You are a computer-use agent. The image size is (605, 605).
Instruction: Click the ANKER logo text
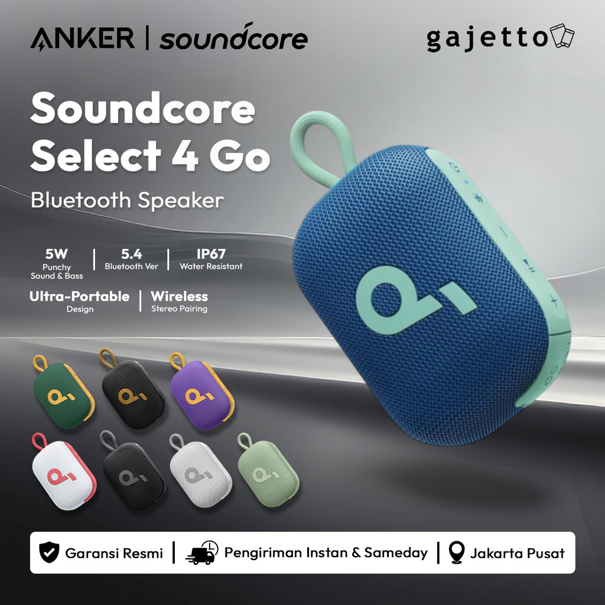coord(82,38)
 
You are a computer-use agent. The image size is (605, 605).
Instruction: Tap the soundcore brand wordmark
coord(233,38)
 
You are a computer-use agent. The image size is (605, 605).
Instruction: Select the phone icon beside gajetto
coord(561,37)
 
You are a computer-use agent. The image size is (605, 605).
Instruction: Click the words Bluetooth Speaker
coord(127,200)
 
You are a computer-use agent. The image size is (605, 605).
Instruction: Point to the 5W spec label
coord(57,254)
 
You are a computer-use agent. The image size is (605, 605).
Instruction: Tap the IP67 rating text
coord(211,254)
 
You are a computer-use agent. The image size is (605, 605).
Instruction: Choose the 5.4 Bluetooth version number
coord(131,254)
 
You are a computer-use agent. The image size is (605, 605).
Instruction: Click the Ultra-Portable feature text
coord(80,296)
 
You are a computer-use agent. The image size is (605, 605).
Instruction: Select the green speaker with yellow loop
coord(63,393)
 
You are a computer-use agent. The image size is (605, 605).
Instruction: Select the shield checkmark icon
coord(48,553)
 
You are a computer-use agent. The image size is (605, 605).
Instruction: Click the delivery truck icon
coord(201,553)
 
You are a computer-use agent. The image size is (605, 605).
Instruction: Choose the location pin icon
coord(456,553)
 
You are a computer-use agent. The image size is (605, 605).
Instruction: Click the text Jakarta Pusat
coord(517,553)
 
